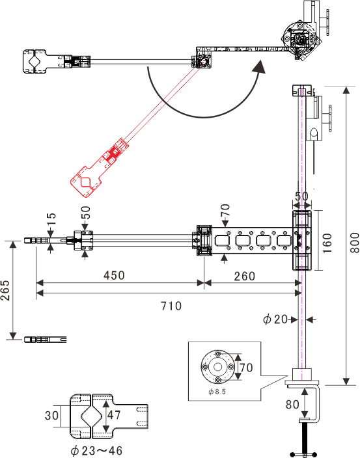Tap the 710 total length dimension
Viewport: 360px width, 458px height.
click(171, 306)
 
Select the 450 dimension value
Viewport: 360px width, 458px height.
click(114, 275)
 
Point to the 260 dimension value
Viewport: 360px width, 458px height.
click(245, 276)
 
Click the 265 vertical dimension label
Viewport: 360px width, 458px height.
click(5, 290)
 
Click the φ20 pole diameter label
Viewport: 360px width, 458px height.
click(275, 319)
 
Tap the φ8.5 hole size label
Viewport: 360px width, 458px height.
click(217, 392)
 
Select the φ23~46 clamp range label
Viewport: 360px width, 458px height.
click(96, 451)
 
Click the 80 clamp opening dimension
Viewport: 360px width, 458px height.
click(292, 405)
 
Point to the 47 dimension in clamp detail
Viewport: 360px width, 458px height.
click(114, 415)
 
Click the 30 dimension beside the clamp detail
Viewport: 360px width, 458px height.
click(51, 415)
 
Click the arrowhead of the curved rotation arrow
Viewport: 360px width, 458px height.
click(259, 68)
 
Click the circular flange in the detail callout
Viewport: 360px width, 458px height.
click(217, 366)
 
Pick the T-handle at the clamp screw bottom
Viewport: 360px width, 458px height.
click(303, 454)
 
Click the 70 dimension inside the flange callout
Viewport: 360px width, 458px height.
click(246, 367)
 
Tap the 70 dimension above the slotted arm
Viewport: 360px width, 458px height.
click(225, 210)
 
